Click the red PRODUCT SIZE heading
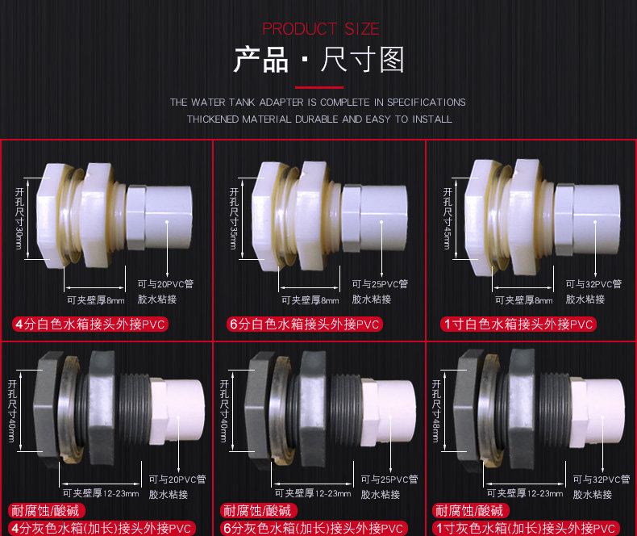pyautogui.click(x=321, y=29)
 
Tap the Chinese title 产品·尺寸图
pyautogui.click(x=319, y=60)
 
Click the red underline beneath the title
pyautogui.click(x=319, y=87)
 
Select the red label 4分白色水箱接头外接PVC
pyautogui.click(x=90, y=325)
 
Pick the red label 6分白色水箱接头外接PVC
pyautogui.click(x=304, y=325)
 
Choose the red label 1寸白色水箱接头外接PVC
pyautogui.click(x=518, y=325)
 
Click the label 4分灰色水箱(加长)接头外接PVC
pyautogui.click(x=102, y=528)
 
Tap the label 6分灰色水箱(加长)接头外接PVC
pyautogui.click(x=314, y=528)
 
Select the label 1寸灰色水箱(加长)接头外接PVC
pyautogui.click(x=526, y=528)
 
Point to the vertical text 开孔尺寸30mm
pyautogui.click(x=19, y=219)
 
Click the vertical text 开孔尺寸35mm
pyautogui.click(x=234, y=219)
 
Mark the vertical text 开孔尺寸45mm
pyautogui.click(x=448, y=219)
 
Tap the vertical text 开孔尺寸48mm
pyautogui.click(x=436, y=411)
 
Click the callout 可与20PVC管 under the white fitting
pyautogui.click(x=165, y=284)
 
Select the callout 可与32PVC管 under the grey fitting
pyautogui.click(x=602, y=479)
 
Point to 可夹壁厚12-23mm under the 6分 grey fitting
pyautogui.click(x=313, y=493)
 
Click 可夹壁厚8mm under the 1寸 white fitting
pyautogui.click(x=523, y=300)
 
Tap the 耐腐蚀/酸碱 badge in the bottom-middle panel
pyautogui.click(x=259, y=510)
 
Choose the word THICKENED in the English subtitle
pyautogui.click(x=213, y=119)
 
